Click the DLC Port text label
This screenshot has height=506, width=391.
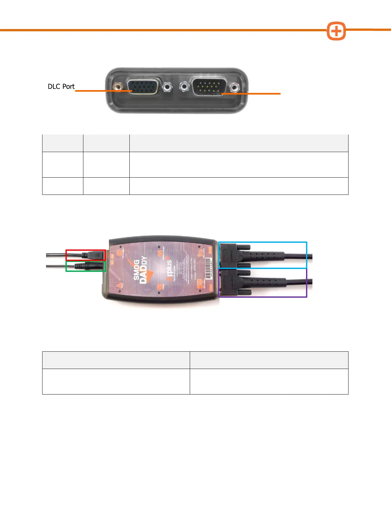61,87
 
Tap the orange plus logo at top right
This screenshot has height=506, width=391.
336,31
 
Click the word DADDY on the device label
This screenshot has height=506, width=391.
143,270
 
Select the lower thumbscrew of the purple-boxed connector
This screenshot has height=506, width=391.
243,292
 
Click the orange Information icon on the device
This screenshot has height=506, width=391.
119,254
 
